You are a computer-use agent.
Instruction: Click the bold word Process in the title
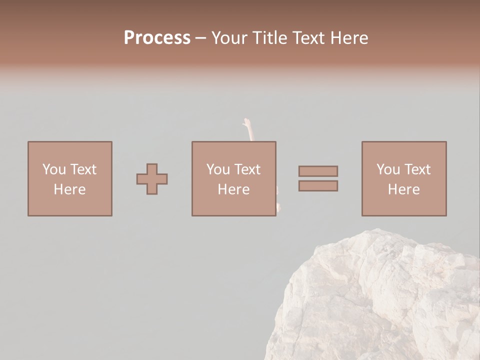(157, 38)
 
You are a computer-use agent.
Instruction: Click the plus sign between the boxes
(152, 179)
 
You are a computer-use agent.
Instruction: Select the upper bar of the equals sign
(318, 171)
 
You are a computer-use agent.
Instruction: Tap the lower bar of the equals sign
(318, 186)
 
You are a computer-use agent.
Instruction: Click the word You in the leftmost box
(54, 169)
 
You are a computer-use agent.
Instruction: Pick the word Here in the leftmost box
(69, 189)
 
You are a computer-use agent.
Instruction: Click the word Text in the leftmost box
(82, 169)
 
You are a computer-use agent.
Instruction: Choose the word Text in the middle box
(246, 169)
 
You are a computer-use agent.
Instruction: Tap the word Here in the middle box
(233, 189)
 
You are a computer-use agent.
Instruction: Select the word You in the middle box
(218, 169)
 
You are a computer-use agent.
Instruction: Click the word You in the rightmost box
(388, 169)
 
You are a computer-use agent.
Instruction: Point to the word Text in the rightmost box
(416, 169)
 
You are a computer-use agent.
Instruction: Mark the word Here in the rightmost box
(403, 189)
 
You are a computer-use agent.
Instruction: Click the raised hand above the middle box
(246, 124)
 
